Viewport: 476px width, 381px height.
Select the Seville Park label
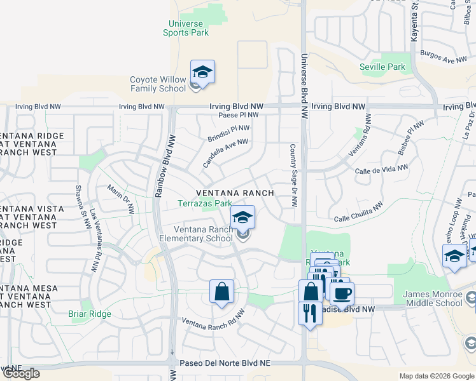[x=382, y=67]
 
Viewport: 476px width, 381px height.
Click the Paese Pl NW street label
[x=238, y=115]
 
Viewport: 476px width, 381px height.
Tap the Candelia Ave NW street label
[x=225, y=154]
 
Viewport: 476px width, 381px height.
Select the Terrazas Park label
[x=204, y=204]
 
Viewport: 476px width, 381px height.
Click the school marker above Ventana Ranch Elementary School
[x=242, y=218]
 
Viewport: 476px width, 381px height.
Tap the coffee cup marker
[x=342, y=293]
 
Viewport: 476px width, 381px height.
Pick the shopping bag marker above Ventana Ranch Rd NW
[x=221, y=292]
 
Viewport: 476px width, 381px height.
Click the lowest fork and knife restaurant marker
[x=310, y=314]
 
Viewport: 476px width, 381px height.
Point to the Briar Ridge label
[x=90, y=314]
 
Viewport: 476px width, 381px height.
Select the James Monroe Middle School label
[x=433, y=298]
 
